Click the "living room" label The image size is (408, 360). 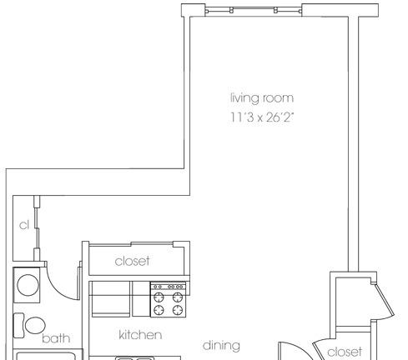coord(262,98)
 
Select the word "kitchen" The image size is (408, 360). coord(140,335)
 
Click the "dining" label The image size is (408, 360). coord(221,346)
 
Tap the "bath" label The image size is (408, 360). coord(56,338)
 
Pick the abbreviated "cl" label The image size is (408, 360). coord(24,225)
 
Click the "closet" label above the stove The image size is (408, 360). coord(132,261)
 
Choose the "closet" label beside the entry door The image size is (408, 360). coord(345,352)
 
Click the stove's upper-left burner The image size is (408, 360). coord(159,297)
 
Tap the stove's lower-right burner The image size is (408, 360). coord(178,310)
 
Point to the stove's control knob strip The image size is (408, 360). coord(169,287)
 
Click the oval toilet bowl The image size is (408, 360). coord(35,325)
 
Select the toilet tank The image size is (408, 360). coord(18,326)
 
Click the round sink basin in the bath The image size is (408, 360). coord(28,285)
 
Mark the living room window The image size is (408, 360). coord(254,11)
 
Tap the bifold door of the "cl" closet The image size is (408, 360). coord(37,227)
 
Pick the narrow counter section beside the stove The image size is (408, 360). coord(141,299)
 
